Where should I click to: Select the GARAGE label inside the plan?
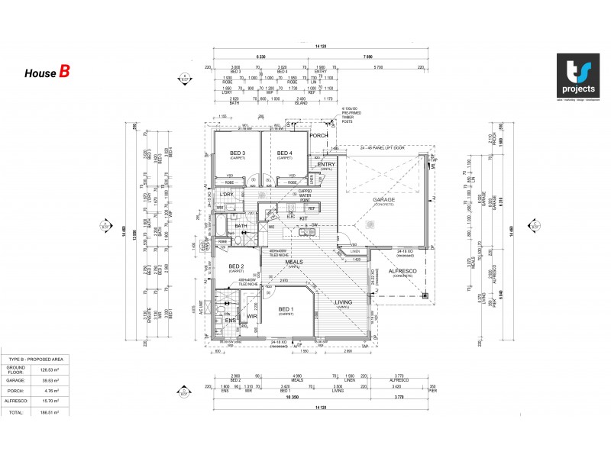[x=383, y=201]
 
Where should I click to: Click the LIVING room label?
[x=343, y=302]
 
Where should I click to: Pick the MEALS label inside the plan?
[x=295, y=261]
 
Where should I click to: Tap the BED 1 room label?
[x=286, y=310]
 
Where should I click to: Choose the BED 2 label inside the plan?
[x=236, y=266]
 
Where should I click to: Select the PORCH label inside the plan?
[x=318, y=136]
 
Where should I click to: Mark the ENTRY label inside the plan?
[x=326, y=164]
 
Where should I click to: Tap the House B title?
[x=47, y=73]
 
